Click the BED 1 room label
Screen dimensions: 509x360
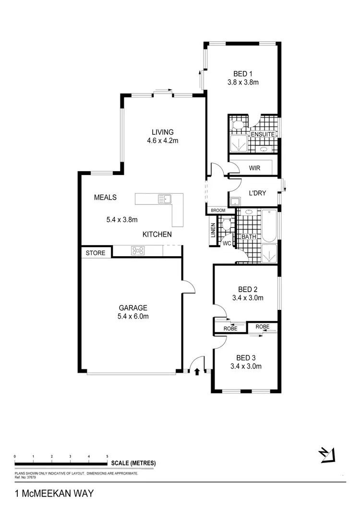click(x=243, y=74)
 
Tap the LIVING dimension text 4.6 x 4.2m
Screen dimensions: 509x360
click(x=162, y=141)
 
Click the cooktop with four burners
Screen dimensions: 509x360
click(x=138, y=250)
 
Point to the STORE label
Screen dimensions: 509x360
click(x=96, y=253)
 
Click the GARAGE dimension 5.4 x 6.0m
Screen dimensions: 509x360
click(x=133, y=317)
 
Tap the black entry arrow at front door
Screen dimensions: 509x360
click(x=196, y=370)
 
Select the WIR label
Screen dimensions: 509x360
click(x=254, y=168)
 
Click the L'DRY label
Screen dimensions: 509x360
click(x=257, y=193)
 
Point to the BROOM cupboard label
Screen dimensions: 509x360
click(x=218, y=211)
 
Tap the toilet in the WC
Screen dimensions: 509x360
click(x=226, y=224)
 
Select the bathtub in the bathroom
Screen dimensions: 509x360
click(x=269, y=225)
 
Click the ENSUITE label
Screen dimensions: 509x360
click(x=263, y=135)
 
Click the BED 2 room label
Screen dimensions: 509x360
click(x=248, y=289)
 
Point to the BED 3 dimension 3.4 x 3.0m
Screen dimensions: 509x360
click(x=246, y=367)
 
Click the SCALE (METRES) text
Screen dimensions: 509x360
click(x=133, y=463)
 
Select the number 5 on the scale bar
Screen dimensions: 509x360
click(x=107, y=456)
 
